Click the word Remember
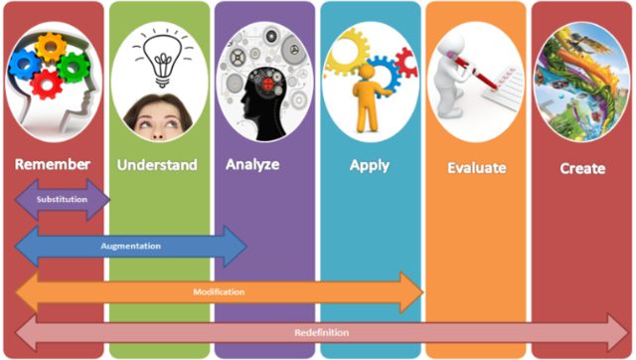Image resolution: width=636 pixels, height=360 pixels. tap(53, 164)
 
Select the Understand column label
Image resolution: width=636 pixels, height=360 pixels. tap(157, 164)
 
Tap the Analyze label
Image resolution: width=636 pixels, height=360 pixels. tap(252, 164)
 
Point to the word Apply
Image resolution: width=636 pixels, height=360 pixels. tap(370, 165)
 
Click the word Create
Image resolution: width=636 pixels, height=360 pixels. tap(582, 168)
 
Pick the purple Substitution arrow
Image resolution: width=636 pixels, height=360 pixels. tap(62, 199)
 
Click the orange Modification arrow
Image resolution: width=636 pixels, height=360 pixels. tap(219, 291)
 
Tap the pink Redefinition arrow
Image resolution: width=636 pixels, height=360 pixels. tap(318, 332)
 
